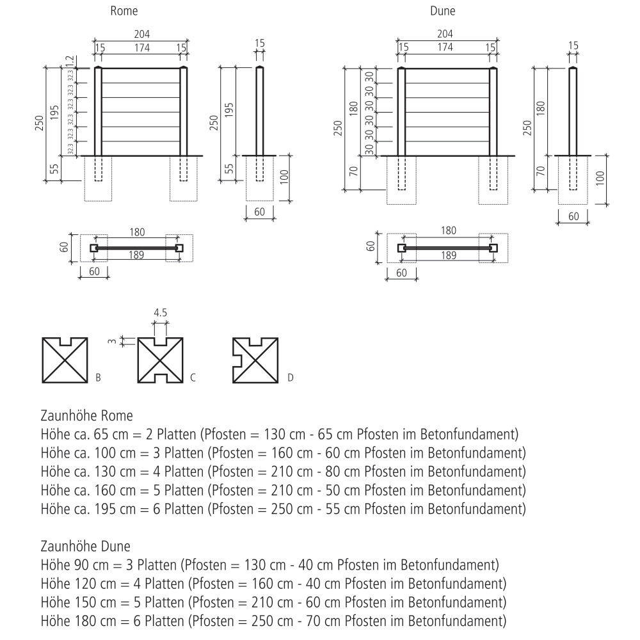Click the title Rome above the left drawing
pos(124,11)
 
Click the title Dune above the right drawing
pos(442,11)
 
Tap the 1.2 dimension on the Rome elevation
pos(70,61)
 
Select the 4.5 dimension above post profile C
pos(161,313)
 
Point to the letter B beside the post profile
pos(98,378)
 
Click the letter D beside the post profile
pos(290,378)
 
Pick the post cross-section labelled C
pos(161,360)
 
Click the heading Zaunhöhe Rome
pos(87,416)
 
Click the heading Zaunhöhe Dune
pos(86,547)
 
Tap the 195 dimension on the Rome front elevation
pos(54,112)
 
